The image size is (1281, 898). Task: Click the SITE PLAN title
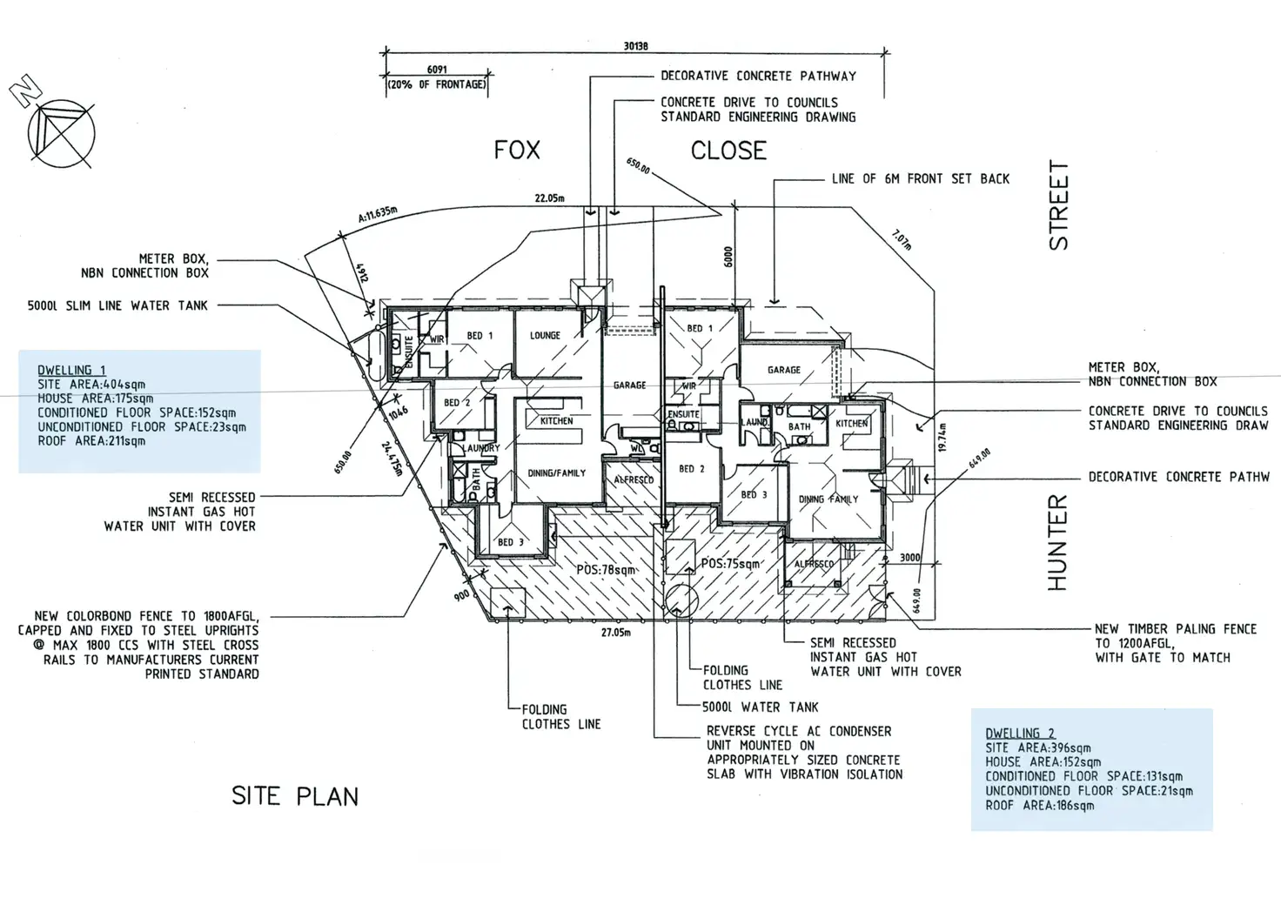point(294,796)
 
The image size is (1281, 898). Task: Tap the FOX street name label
point(517,151)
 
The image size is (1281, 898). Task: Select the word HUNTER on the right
point(1056,542)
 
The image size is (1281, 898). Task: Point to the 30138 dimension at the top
point(635,47)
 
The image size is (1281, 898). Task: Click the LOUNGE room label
point(545,335)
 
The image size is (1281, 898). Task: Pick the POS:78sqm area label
point(606,570)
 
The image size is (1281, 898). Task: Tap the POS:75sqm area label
point(731,564)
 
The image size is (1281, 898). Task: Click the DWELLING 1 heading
point(71,371)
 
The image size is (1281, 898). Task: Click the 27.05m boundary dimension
point(615,633)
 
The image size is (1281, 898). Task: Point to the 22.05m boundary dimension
point(549,198)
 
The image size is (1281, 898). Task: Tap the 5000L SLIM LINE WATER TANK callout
point(117,305)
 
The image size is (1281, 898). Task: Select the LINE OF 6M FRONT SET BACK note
point(920,179)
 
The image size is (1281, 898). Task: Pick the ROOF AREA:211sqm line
point(91,441)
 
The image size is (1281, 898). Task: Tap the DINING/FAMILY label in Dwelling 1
point(556,473)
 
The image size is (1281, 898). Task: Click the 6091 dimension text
point(437,70)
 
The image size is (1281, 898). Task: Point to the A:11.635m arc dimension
point(377,214)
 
